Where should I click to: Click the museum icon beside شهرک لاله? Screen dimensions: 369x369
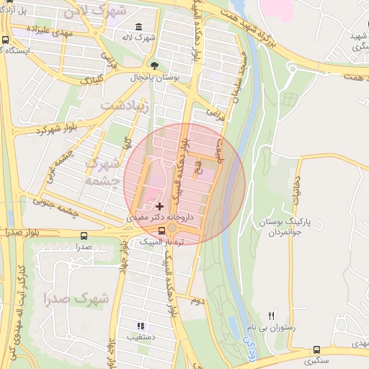[138, 27]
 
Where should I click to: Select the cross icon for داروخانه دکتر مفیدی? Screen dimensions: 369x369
[159, 207]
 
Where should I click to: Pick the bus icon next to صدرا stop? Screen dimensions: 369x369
[85, 235]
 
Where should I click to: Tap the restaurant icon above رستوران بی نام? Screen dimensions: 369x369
[272, 315]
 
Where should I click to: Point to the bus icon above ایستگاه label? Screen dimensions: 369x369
[6, 40]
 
